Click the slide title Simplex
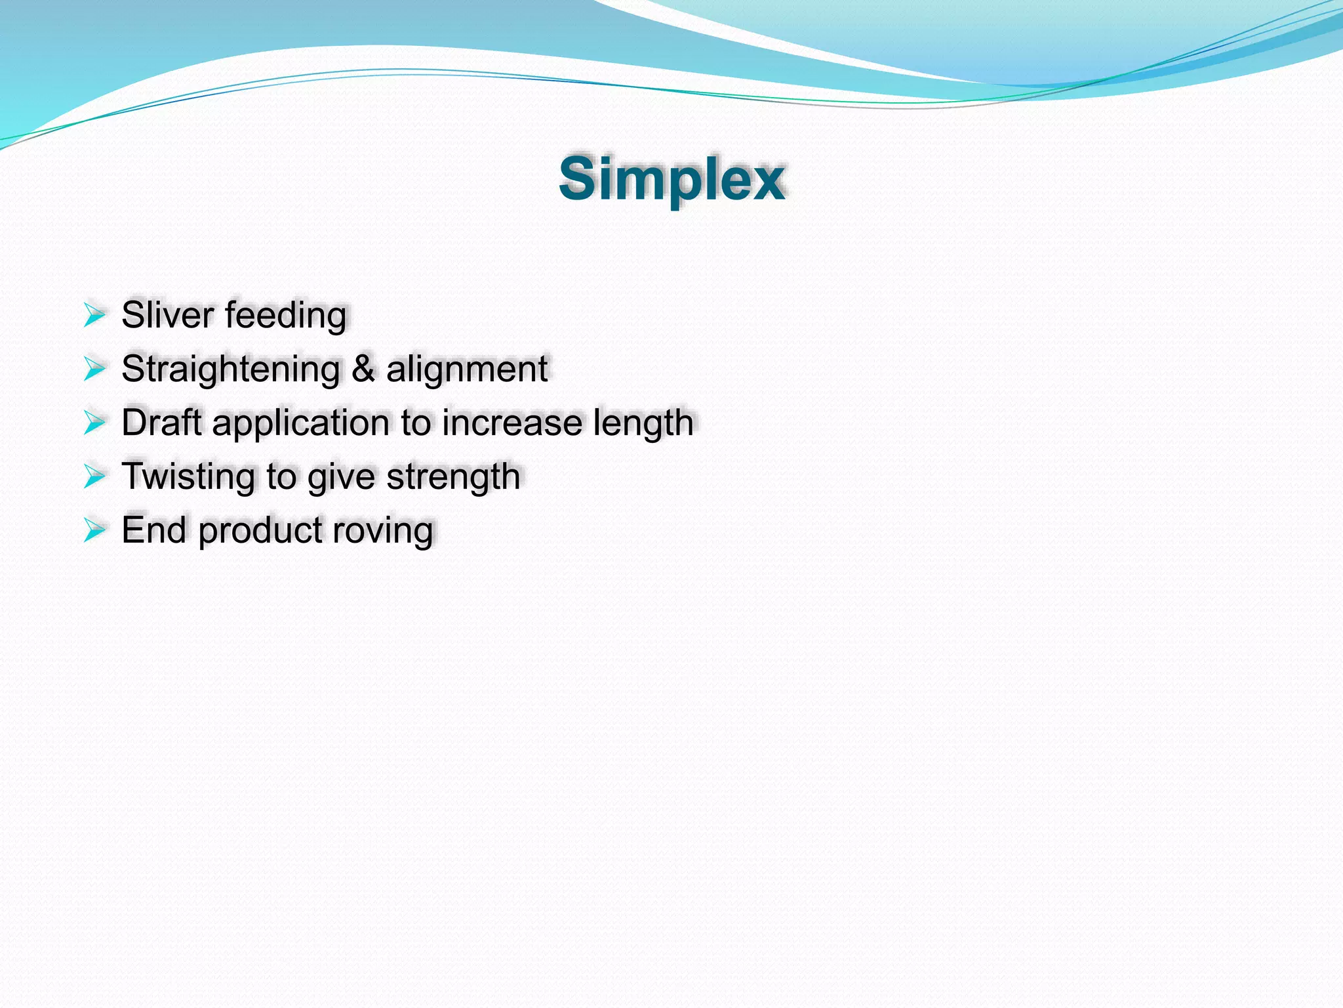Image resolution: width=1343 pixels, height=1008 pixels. click(x=671, y=178)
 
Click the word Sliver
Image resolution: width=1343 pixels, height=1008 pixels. click(x=167, y=315)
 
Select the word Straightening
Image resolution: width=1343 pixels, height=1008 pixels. click(x=230, y=369)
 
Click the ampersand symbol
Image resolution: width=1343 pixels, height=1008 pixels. click(x=363, y=368)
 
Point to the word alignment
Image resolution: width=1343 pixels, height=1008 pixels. click(x=466, y=369)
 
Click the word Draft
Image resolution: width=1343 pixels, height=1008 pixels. click(x=161, y=422)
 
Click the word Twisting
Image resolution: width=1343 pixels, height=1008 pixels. click(x=189, y=476)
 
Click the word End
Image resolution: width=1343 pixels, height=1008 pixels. click(x=153, y=530)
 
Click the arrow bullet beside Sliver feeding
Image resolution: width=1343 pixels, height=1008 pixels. click(x=94, y=315)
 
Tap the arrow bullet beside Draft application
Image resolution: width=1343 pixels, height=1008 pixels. click(x=94, y=422)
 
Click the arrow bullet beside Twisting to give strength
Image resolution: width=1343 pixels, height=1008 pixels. click(x=94, y=476)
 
